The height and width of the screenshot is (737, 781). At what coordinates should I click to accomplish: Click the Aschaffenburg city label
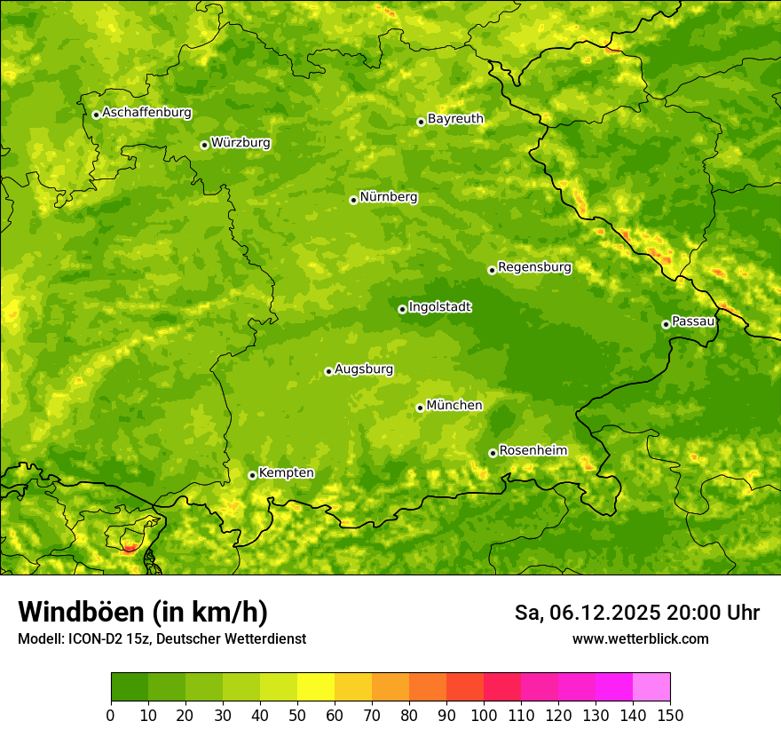coord(146,113)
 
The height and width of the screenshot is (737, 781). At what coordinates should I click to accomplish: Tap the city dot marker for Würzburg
coord(204,145)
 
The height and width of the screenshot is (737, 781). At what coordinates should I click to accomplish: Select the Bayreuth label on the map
coord(455,118)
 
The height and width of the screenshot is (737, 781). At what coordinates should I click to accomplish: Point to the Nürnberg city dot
coord(353,200)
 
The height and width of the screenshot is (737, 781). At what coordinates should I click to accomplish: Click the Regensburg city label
coord(534,266)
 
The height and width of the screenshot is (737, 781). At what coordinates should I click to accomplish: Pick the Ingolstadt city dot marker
coord(402,310)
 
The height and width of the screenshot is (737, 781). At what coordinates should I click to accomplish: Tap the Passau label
coord(693,321)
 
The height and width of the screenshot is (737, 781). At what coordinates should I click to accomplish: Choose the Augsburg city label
coord(364,368)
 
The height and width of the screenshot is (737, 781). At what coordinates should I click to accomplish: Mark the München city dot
coord(420,408)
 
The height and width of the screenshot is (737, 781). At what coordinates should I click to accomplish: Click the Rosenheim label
coord(532,450)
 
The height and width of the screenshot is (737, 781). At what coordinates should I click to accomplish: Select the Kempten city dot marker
coord(252,476)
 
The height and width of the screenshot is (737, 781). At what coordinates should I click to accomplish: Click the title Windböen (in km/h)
coord(143,613)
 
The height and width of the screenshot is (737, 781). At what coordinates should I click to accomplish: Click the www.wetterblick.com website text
coord(640,638)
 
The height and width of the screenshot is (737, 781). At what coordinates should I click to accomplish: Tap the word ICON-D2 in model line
coord(95,638)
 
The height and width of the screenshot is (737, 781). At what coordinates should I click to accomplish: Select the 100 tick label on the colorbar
coord(484,715)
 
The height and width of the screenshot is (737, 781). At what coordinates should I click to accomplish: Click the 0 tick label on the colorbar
coord(111,715)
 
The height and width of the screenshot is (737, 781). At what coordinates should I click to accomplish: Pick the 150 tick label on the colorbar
coord(670,715)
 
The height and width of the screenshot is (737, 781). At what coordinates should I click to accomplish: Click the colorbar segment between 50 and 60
coord(316,687)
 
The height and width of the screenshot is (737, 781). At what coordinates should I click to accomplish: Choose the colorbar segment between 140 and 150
coord(651,687)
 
